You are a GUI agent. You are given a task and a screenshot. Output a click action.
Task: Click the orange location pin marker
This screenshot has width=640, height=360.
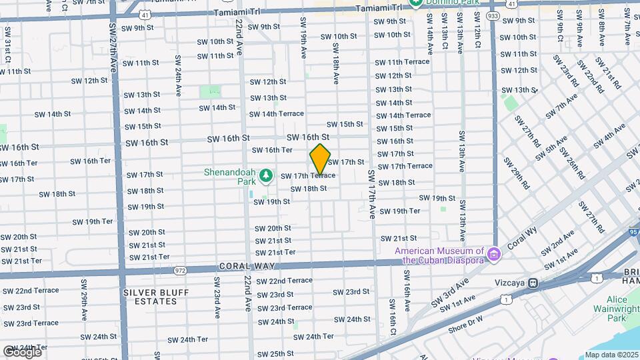point(320,160)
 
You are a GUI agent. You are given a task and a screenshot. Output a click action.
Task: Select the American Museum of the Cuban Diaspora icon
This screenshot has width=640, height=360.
point(493,254)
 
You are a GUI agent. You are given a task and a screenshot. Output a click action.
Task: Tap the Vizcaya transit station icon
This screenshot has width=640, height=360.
point(533,283)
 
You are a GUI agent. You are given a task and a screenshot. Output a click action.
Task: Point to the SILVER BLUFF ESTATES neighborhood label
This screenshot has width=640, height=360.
point(156,297)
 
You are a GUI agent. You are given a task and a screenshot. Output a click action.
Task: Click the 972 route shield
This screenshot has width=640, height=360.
point(180,271)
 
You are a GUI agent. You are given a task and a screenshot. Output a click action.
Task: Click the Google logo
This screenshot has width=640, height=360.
point(22,351)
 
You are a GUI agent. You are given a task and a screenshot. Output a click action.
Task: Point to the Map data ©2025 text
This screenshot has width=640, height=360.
point(611,355)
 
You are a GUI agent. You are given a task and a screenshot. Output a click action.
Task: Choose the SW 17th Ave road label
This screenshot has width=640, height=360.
point(371,195)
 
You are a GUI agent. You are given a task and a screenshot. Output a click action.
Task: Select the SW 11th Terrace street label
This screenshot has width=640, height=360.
point(402,62)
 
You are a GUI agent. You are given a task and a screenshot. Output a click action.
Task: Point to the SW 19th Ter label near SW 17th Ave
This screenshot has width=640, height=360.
point(400,211)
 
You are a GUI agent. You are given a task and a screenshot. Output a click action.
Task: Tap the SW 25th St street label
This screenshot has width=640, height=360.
point(275,354)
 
